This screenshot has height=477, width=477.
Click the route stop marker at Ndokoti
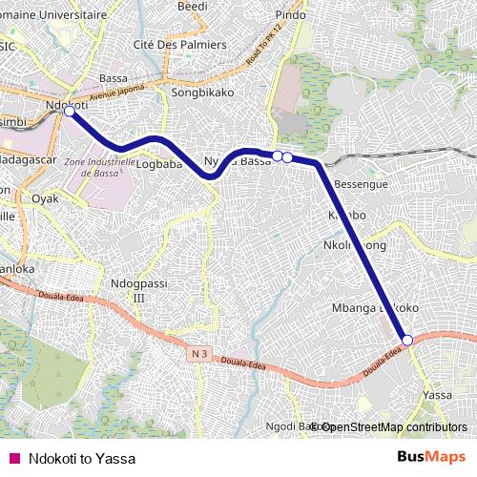(69, 112)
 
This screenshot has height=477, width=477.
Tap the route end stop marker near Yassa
(406, 340)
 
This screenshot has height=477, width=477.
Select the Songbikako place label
(197, 93)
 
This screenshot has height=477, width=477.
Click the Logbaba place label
(159, 163)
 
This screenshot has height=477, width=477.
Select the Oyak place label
(46, 199)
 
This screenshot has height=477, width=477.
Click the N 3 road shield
(198, 353)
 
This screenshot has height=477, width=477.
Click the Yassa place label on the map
(437, 394)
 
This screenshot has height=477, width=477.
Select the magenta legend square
(13, 458)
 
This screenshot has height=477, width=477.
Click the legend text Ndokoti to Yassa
(82, 458)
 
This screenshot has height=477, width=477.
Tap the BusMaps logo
(431, 458)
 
